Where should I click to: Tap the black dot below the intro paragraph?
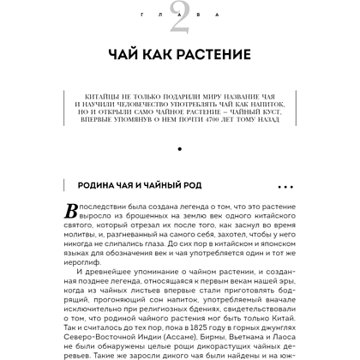[180, 151]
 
